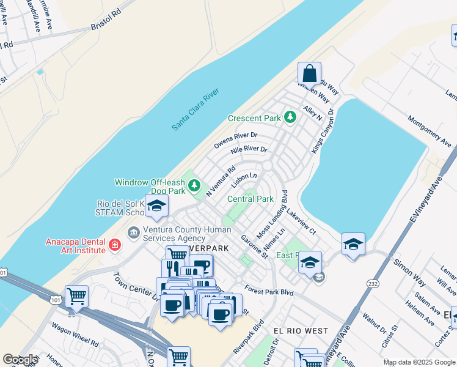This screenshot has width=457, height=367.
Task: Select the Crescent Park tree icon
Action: [x=291, y=116]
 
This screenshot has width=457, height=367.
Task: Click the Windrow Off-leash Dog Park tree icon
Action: [x=195, y=184]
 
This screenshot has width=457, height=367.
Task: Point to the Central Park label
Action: [x=250, y=199]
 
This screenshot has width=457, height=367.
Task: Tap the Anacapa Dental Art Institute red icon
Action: [x=114, y=246]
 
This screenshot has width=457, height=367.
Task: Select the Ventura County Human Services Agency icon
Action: [x=133, y=233]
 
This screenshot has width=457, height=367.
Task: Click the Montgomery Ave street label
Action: [x=429, y=132]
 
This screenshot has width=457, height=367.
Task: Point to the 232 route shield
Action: [x=372, y=283]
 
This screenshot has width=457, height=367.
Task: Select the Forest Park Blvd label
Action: [x=269, y=290]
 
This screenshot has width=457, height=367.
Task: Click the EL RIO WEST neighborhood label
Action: [x=301, y=331]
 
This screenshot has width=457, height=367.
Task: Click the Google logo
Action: [x=20, y=360]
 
